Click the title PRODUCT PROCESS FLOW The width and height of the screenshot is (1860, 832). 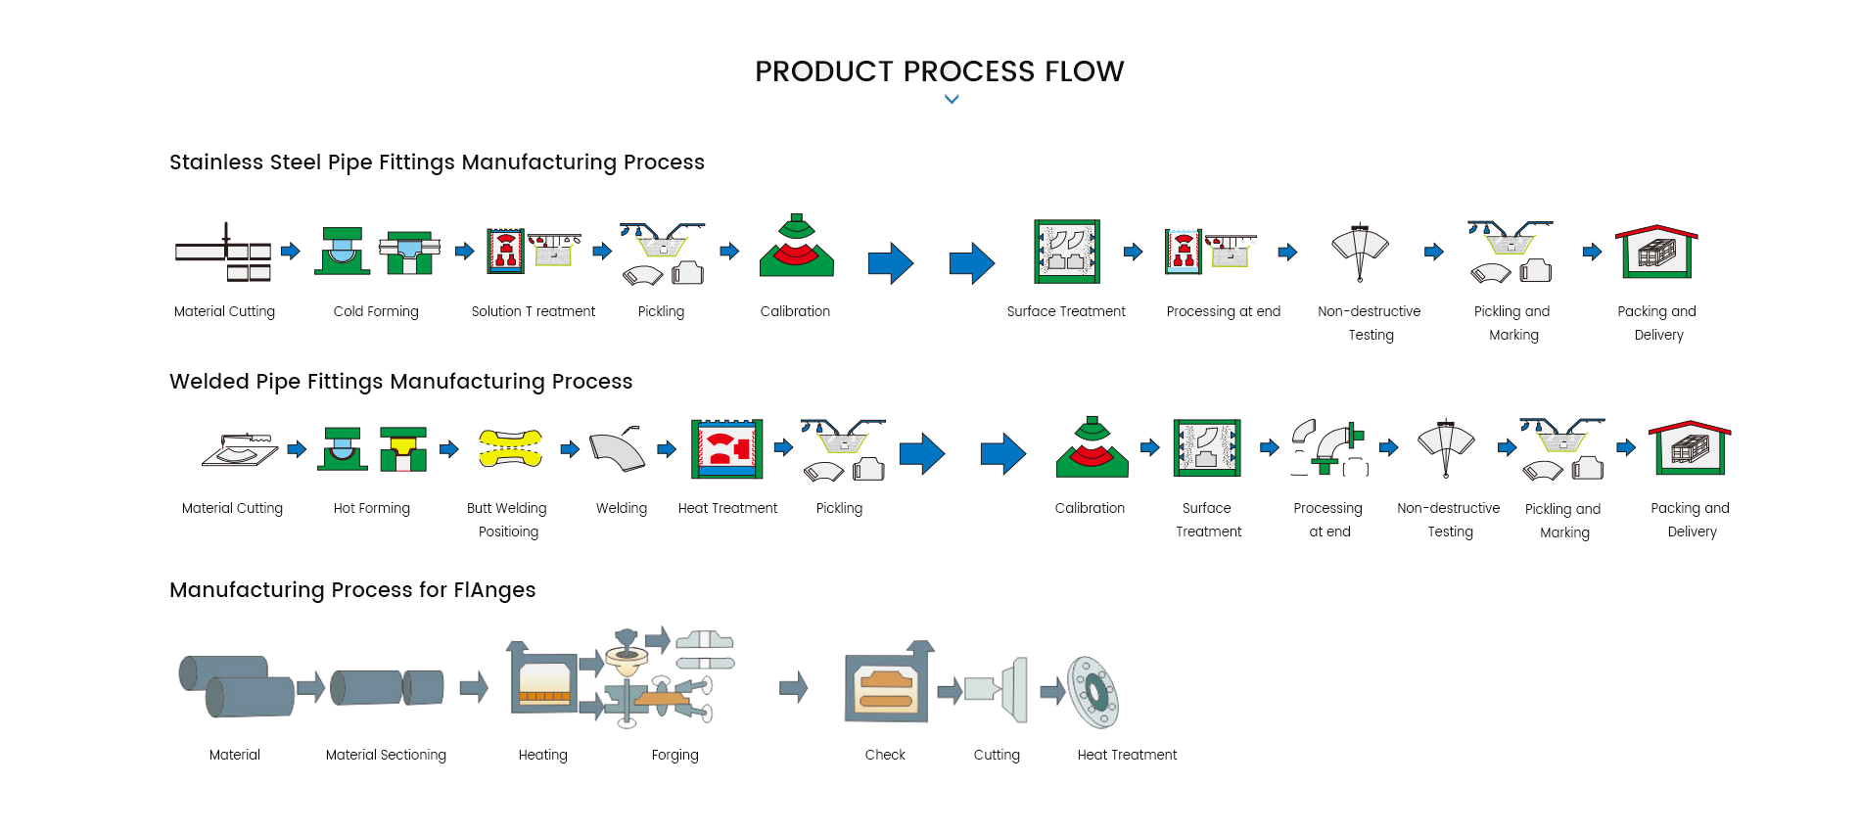tap(940, 71)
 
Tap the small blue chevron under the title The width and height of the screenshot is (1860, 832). tap(952, 99)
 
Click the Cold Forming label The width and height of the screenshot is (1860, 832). tap(376, 311)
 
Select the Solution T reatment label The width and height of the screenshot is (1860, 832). tap(534, 311)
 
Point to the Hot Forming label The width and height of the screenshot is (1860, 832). tap(372, 508)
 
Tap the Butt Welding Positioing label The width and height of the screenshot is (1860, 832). tap(507, 520)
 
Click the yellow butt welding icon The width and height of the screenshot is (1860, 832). tap(510, 448)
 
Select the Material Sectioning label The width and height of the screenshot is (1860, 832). tap(386, 755)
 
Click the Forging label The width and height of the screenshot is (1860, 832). tap(675, 755)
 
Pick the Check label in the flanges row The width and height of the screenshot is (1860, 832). tap(885, 755)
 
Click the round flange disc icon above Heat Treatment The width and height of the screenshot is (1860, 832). tap(1093, 692)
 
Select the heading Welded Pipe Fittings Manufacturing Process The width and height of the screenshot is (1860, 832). tap(401, 382)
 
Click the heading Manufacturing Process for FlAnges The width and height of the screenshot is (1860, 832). tap(352, 590)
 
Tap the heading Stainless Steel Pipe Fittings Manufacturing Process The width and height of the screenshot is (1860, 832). tap(437, 162)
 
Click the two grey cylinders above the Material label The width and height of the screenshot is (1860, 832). tap(237, 686)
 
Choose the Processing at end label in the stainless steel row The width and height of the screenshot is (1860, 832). tap(1224, 311)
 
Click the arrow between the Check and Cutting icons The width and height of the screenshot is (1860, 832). tap(950, 691)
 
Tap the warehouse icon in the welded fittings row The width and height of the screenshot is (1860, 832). tap(1690, 447)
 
